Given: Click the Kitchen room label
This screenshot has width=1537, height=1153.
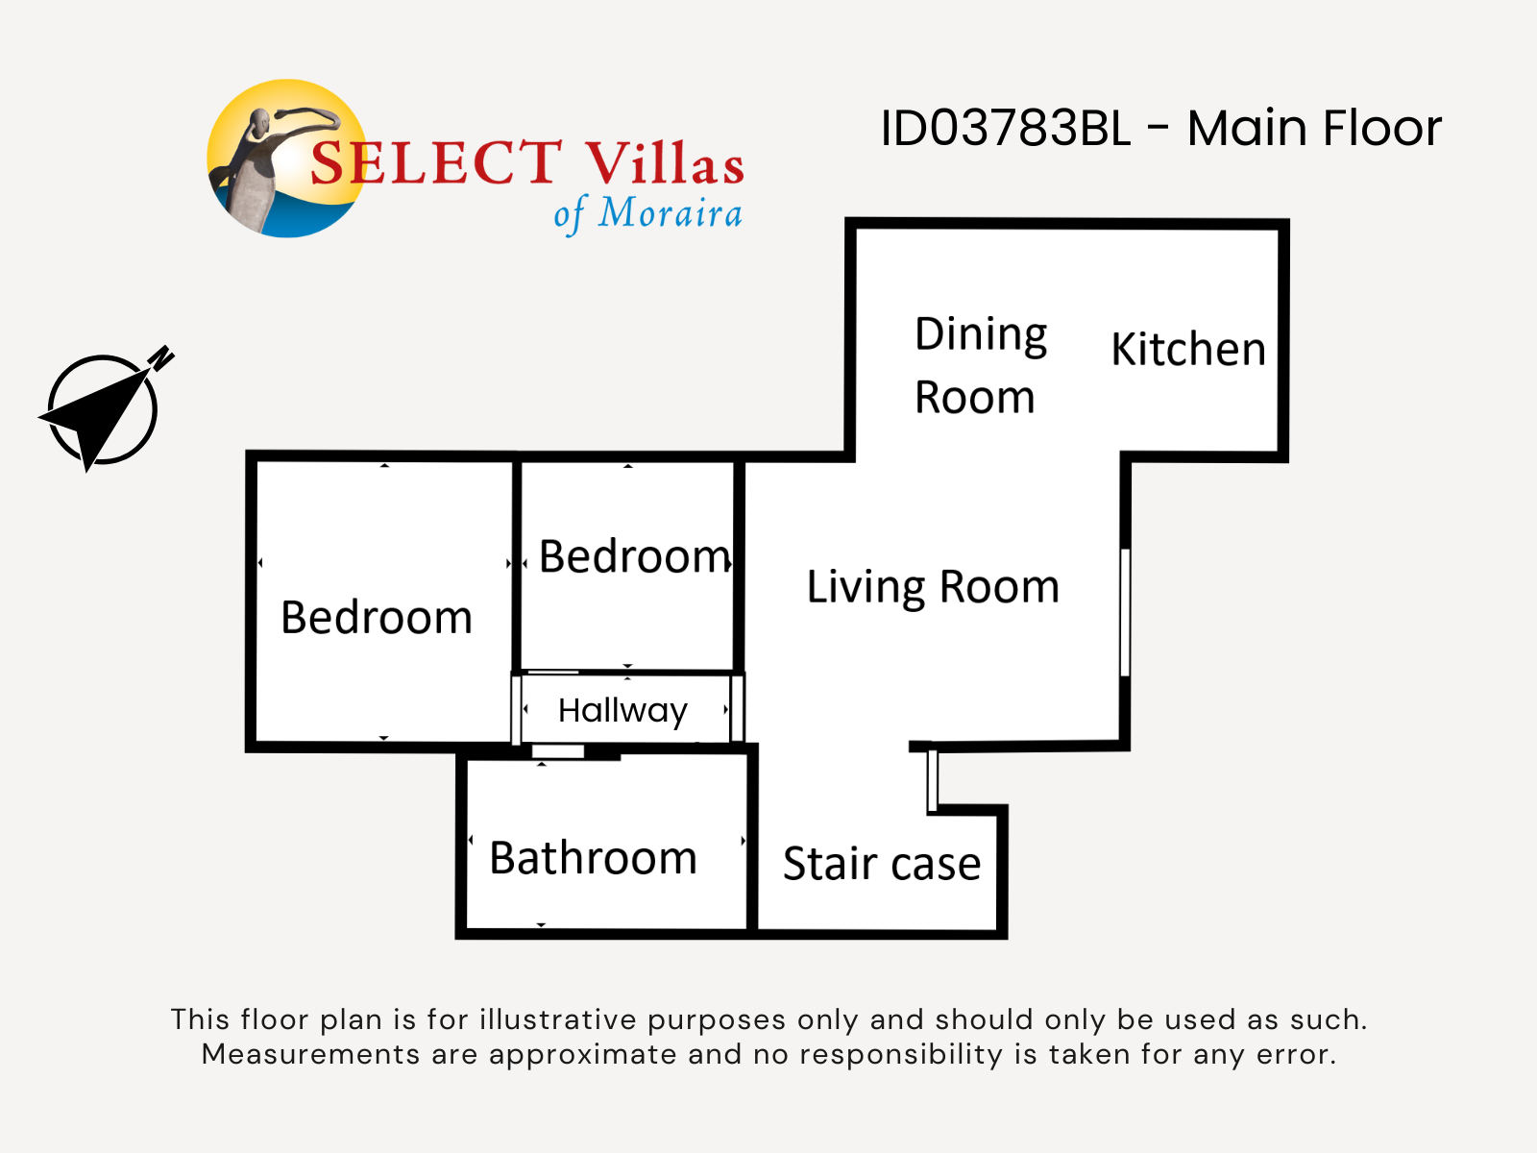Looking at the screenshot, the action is (x=1188, y=349).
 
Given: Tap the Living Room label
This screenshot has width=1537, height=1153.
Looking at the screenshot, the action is (x=933, y=588).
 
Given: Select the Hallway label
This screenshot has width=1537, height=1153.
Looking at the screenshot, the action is (x=622, y=711).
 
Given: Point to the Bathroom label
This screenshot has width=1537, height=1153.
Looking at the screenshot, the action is (x=593, y=858).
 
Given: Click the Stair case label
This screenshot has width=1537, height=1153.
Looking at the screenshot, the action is (x=882, y=863).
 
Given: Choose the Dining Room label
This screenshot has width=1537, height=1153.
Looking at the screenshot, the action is (x=981, y=365).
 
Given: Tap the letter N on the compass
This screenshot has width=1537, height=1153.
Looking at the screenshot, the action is (x=161, y=357).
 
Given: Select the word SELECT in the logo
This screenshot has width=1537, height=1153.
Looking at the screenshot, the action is (x=436, y=162).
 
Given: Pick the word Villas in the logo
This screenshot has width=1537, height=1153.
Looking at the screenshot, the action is (x=665, y=163).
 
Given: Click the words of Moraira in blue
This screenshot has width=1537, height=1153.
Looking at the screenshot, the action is (x=647, y=213).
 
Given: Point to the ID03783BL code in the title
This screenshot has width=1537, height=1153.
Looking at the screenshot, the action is (x=1006, y=128).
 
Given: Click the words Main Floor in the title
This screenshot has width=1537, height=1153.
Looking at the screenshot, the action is (x=1314, y=128).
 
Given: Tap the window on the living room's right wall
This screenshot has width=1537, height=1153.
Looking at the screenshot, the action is (x=1125, y=613).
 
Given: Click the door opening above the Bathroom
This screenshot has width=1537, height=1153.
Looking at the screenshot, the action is (x=557, y=751).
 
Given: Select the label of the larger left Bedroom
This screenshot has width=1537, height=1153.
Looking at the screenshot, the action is (x=377, y=618).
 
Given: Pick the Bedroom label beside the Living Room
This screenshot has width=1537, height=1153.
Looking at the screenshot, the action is (x=634, y=557).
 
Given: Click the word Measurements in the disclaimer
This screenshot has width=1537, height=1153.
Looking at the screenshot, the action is (x=310, y=1054).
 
